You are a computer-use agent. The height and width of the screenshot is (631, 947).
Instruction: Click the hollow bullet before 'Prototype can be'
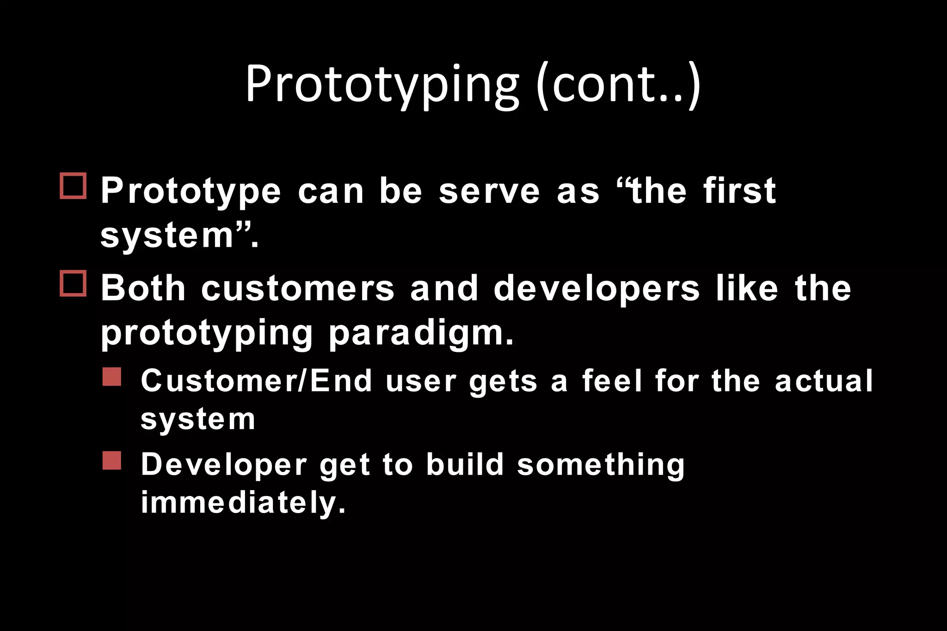(x=73, y=186)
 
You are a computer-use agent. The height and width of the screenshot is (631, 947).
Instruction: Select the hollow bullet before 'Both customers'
(x=73, y=283)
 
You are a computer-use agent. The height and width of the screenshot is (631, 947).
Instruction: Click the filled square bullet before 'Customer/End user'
(x=112, y=377)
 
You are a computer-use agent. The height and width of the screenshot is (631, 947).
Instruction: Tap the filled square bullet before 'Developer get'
(x=112, y=460)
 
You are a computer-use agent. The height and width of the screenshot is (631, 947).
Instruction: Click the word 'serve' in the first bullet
(x=489, y=191)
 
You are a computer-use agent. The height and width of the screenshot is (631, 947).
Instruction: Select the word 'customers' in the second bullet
(x=298, y=288)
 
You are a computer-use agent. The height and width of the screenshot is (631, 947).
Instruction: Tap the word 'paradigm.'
(x=421, y=334)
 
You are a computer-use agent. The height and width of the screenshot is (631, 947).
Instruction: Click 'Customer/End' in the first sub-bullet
(x=257, y=381)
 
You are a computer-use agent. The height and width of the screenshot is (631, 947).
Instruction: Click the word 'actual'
(x=824, y=381)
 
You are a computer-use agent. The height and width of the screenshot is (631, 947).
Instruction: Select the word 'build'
(x=465, y=464)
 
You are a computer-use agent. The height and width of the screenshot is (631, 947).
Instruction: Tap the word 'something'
(x=601, y=465)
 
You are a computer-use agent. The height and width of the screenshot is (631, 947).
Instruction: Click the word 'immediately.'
(x=243, y=503)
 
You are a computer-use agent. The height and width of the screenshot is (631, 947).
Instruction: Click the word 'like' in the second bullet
(x=747, y=288)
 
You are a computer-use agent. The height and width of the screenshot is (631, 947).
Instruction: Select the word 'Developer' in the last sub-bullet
(x=224, y=465)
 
